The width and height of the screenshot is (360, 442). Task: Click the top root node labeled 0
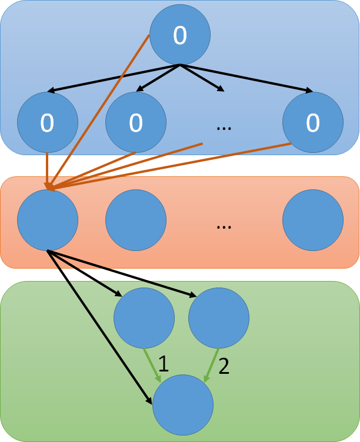click(180, 35)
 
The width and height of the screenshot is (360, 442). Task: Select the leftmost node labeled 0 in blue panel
click(48, 122)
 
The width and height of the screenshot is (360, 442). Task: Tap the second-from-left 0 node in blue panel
click(136, 122)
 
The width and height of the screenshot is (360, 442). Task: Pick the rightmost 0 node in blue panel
click(313, 122)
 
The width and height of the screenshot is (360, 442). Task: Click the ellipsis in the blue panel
click(224, 127)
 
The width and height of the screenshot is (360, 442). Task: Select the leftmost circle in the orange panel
click(48, 220)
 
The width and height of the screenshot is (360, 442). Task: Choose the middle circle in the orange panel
click(136, 220)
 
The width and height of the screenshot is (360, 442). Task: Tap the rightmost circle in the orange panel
click(313, 220)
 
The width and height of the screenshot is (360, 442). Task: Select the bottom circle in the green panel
click(183, 405)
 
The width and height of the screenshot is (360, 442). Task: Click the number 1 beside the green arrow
click(164, 365)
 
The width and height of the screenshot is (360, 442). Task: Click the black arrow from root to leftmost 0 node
click(112, 78)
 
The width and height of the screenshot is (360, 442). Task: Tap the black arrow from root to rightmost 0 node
click(247, 78)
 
